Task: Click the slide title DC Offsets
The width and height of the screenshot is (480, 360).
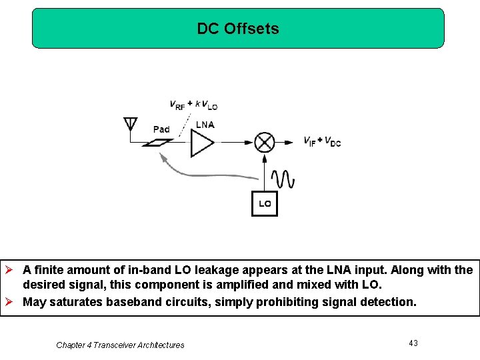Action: pyautogui.click(x=238, y=29)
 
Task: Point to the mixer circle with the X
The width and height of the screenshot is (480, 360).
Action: pyautogui.click(x=265, y=142)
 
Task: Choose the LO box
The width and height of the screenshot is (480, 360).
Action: pyautogui.click(x=265, y=203)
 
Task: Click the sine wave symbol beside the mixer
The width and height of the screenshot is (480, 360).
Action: pyautogui.click(x=283, y=179)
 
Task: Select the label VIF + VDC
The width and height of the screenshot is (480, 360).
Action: pyautogui.click(x=322, y=141)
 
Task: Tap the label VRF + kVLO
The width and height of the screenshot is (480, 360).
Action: pyautogui.click(x=193, y=105)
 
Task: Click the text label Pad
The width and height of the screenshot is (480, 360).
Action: pyautogui.click(x=161, y=129)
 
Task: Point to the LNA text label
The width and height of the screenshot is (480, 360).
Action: pyautogui.click(x=205, y=125)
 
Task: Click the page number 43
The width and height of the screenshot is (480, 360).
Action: pyautogui.click(x=413, y=343)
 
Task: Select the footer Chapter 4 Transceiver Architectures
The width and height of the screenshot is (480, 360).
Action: pyautogui.click(x=120, y=345)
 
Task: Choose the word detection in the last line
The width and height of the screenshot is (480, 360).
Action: pyautogui.click(x=389, y=301)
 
